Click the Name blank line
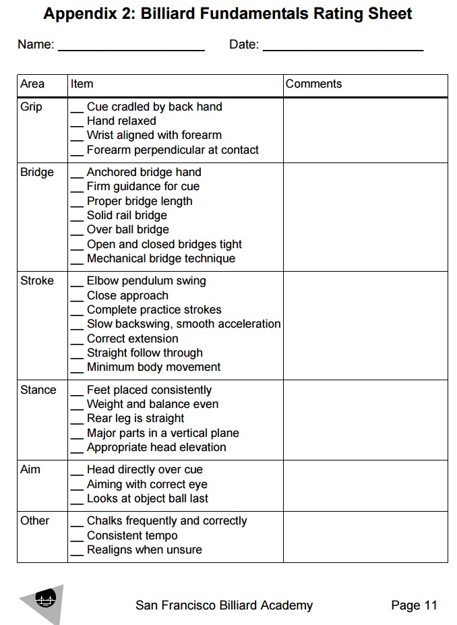click(x=131, y=50)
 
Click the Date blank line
click(x=342, y=50)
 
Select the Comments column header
click(x=313, y=84)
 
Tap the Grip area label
click(x=31, y=107)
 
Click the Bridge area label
click(x=36, y=172)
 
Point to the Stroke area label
click(x=36, y=280)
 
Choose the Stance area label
click(x=38, y=390)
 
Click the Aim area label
click(x=30, y=469)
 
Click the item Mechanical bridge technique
click(x=161, y=258)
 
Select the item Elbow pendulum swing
click(x=146, y=280)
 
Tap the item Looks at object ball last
click(x=148, y=498)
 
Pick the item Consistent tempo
click(x=132, y=535)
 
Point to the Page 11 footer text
click(x=414, y=605)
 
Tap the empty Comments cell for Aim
click(x=365, y=485)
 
